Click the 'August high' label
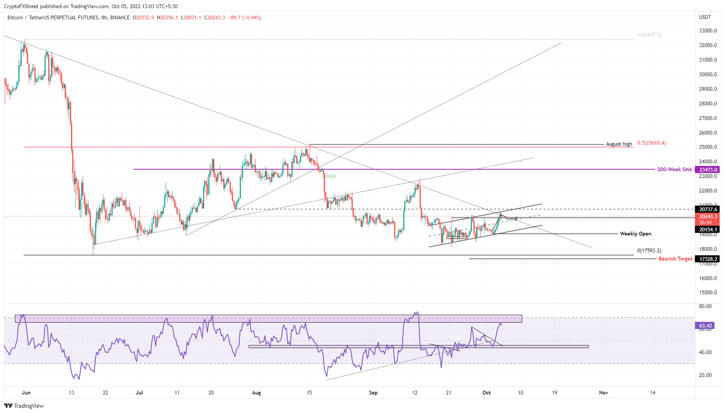click(x=619, y=144)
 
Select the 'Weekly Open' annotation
click(x=635, y=234)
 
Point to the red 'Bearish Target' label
click(x=675, y=259)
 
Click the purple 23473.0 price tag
click(x=708, y=169)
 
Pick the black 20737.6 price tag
click(x=708, y=209)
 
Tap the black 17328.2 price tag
click(x=708, y=259)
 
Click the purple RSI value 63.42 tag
click(x=704, y=326)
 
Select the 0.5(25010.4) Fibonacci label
click(x=651, y=143)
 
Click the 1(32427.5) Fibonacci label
click(x=649, y=35)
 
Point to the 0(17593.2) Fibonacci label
click(x=649, y=251)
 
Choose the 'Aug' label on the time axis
click(x=256, y=393)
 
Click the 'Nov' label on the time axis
click(x=603, y=393)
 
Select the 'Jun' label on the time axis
click(x=26, y=393)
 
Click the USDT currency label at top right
click(x=705, y=17)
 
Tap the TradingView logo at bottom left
click(x=24, y=406)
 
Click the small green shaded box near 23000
click(x=329, y=176)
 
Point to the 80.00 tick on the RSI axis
click(x=705, y=306)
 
